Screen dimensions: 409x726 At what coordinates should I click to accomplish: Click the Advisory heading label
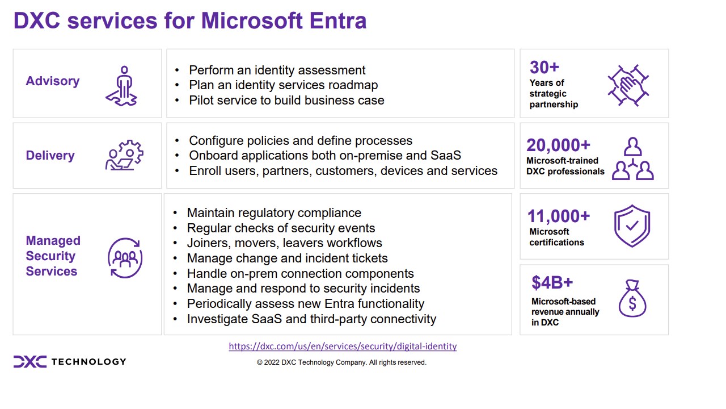pos(53,81)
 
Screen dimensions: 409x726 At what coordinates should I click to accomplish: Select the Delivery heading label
pos(50,156)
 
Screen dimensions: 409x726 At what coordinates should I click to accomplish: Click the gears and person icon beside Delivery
pos(124,155)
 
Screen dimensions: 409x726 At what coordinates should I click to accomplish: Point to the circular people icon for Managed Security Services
pos(125,258)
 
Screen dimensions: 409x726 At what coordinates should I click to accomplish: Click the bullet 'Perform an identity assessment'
pos(277,70)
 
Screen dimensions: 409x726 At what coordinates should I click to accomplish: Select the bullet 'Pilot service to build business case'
pos(286,101)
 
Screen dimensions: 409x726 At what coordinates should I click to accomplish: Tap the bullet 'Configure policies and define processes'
pos(301,141)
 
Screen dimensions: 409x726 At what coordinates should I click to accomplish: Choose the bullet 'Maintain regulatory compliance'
pos(274,213)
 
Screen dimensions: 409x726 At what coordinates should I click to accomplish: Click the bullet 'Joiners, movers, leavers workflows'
pos(284,243)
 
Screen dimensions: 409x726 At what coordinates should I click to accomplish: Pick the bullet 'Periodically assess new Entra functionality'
pos(305,304)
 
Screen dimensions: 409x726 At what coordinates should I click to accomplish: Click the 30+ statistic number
pos(544,68)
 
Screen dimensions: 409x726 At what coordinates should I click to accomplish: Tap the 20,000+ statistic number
pos(558,145)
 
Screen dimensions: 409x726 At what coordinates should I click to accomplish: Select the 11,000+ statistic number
pos(559,216)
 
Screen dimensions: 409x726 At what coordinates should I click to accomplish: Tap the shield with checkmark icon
pos(632,226)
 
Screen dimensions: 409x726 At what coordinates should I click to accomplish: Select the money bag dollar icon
pos(632,299)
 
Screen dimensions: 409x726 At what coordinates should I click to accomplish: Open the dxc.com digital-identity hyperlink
pos(343,346)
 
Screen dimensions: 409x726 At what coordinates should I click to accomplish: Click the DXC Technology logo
pos(70,362)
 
